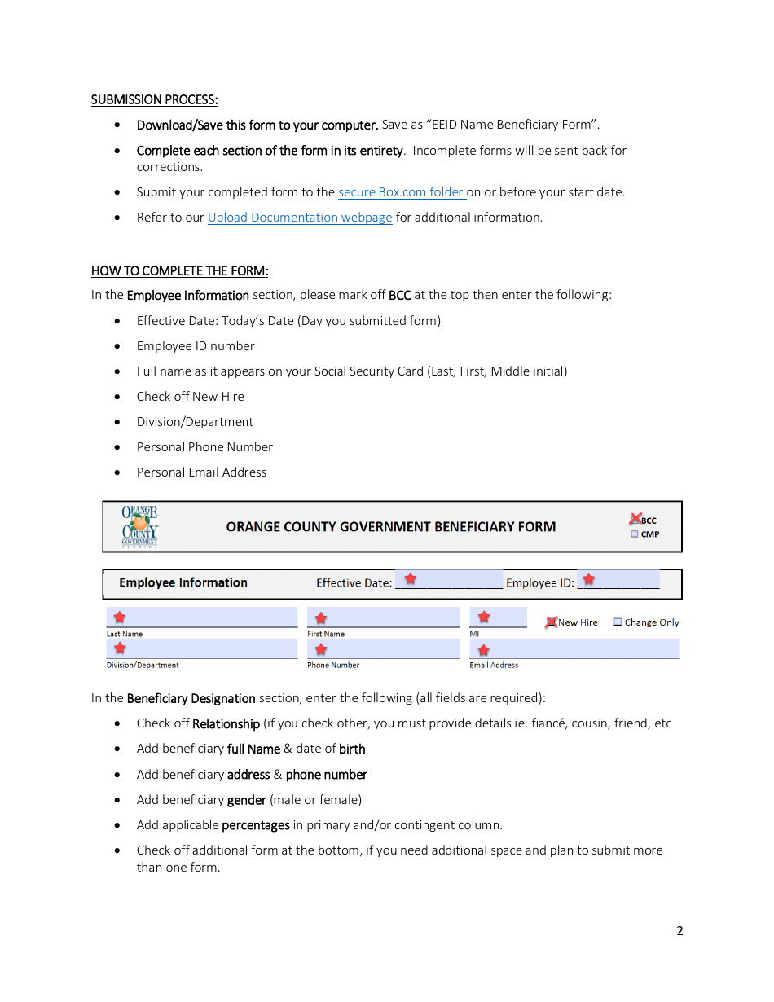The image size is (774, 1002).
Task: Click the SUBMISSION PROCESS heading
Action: click(x=154, y=100)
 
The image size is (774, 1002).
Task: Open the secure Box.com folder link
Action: click(x=401, y=192)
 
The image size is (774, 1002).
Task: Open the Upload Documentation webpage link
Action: click(x=299, y=218)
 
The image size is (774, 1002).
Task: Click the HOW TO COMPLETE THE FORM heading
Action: click(x=179, y=270)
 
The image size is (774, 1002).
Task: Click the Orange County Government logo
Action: click(x=139, y=526)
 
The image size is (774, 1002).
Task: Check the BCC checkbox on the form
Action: click(x=635, y=520)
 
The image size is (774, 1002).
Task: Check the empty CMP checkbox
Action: click(x=635, y=534)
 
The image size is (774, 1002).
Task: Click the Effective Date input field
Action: click(x=448, y=580)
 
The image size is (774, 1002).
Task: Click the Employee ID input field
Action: click(x=618, y=580)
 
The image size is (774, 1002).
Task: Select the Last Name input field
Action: click(x=201, y=617)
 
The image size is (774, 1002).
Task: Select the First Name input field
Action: click(x=383, y=617)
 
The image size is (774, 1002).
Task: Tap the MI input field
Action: click(x=498, y=617)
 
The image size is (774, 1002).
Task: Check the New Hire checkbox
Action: click(x=552, y=622)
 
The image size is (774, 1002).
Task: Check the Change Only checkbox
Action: click(x=618, y=622)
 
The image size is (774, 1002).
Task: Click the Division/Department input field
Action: click(x=201, y=648)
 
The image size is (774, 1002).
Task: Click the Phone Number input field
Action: click(x=383, y=648)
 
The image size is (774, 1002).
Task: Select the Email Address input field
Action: click(x=574, y=648)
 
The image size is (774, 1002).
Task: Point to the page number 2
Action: click(x=679, y=931)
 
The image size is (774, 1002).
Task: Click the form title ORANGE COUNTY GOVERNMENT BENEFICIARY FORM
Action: click(x=391, y=527)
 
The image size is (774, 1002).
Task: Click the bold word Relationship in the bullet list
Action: click(x=226, y=723)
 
